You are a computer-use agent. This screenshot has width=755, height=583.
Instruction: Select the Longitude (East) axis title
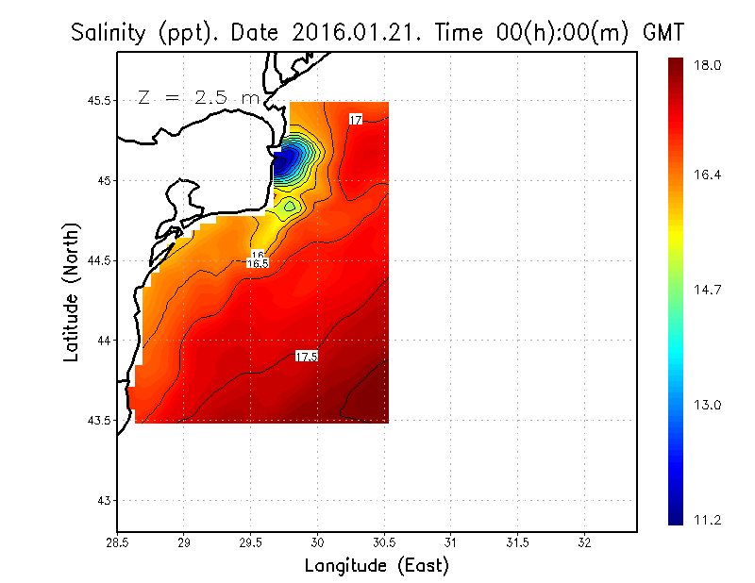pos(377,565)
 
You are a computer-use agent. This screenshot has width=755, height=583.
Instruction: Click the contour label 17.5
pos(307,357)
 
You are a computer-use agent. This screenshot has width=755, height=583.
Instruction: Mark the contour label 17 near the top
pos(356,120)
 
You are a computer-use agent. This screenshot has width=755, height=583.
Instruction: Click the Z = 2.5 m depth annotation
pos(198,98)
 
